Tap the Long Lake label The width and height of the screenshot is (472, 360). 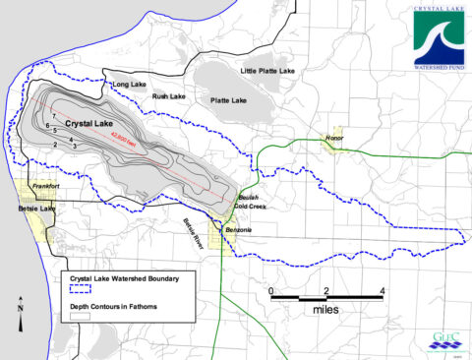[x=131, y=85]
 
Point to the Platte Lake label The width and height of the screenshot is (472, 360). [x=226, y=100]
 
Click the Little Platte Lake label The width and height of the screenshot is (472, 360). [x=268, y=72]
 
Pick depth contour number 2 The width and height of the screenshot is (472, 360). [x=56, y=145]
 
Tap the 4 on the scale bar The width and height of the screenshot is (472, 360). [x=382, y=291]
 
